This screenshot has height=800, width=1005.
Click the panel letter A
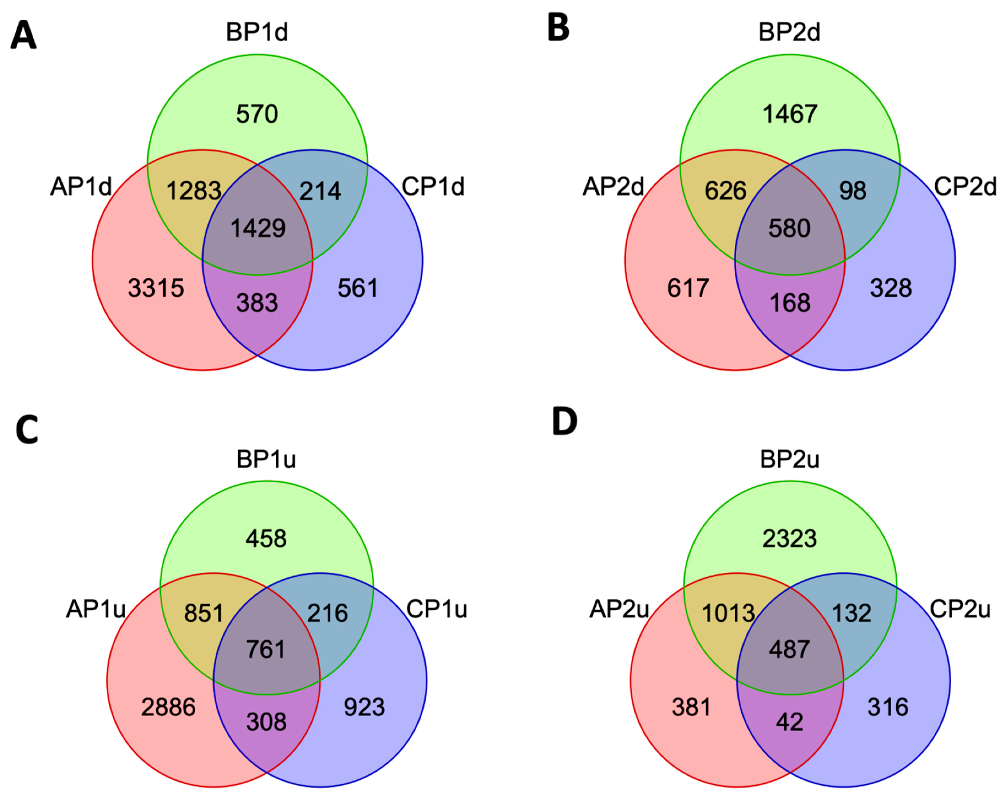coord(23,36)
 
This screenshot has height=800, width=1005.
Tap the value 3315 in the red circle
coord(156,288)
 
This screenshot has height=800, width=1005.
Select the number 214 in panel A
coord(320,191)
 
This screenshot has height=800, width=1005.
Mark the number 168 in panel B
coord(790,303)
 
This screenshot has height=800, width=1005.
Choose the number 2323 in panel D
coord(790,539)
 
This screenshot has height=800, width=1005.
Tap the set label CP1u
coord(437,609)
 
